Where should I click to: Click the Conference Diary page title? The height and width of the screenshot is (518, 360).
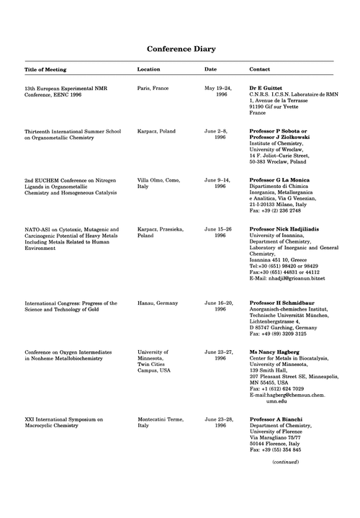coord(181,49)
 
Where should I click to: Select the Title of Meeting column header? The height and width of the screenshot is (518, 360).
coord(45,70)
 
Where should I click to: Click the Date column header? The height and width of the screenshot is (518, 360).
coord(210,70)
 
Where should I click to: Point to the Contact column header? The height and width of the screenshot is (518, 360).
coord(260,70)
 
